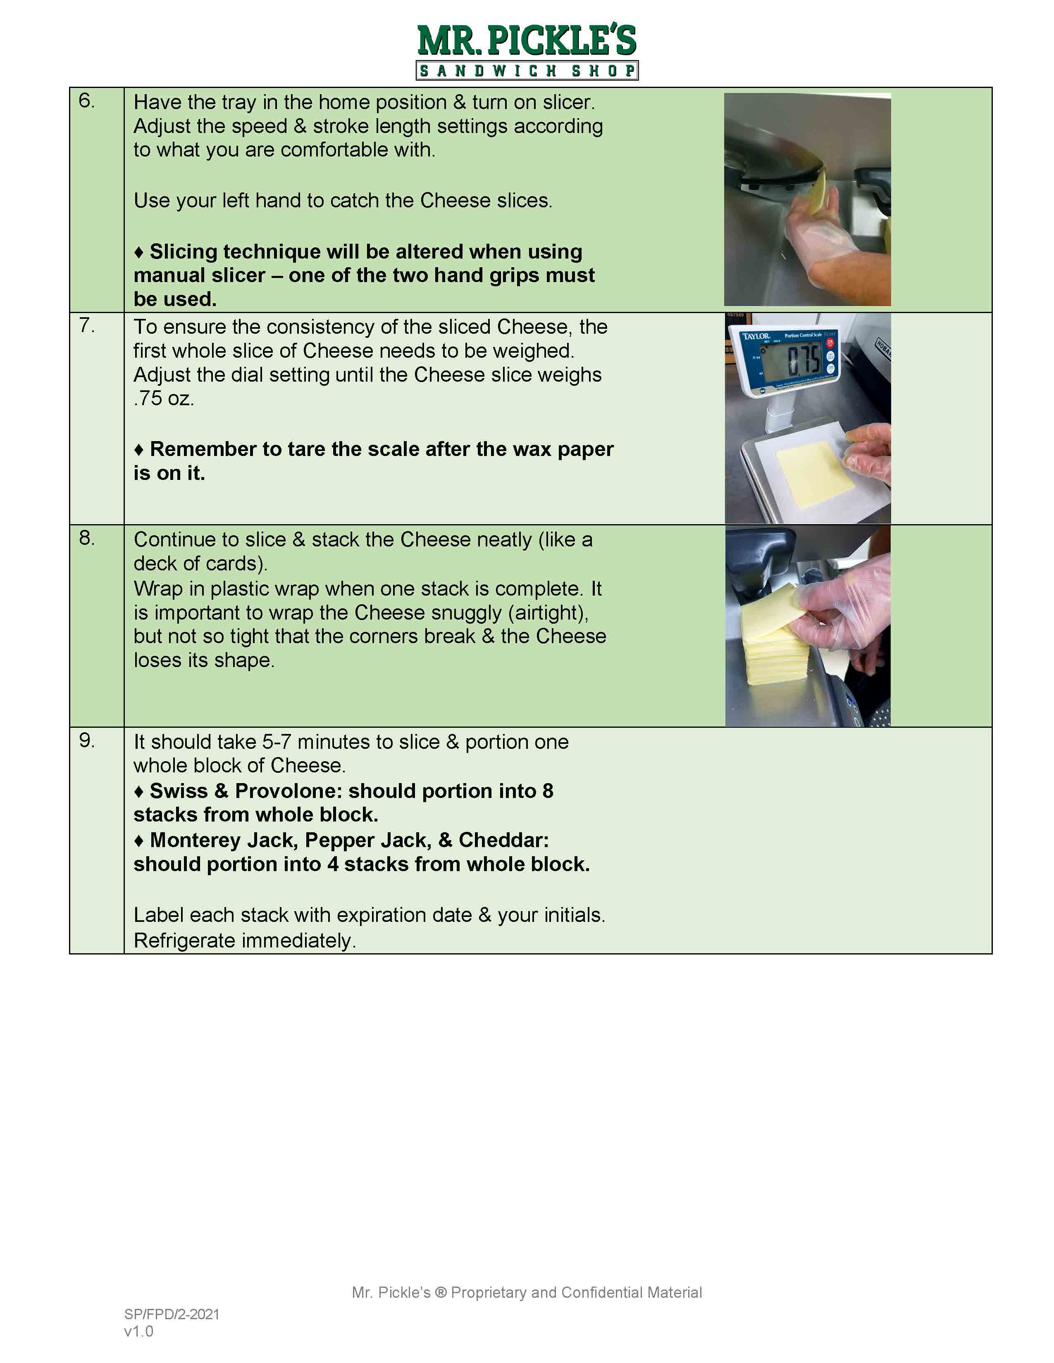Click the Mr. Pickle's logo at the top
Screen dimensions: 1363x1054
coord(527,51)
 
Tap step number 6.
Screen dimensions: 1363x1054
coord(87,100)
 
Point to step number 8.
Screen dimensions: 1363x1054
coord(87,537)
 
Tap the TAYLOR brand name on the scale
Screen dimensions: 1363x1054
coord(756,336)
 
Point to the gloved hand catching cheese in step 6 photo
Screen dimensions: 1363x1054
coord(812,231)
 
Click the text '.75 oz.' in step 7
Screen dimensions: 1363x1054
coord(164,398)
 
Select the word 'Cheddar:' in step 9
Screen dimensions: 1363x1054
coord(503,840)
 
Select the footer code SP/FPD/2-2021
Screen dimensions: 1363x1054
coord(172,1314)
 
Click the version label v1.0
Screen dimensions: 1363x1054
coord(138,1331)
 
